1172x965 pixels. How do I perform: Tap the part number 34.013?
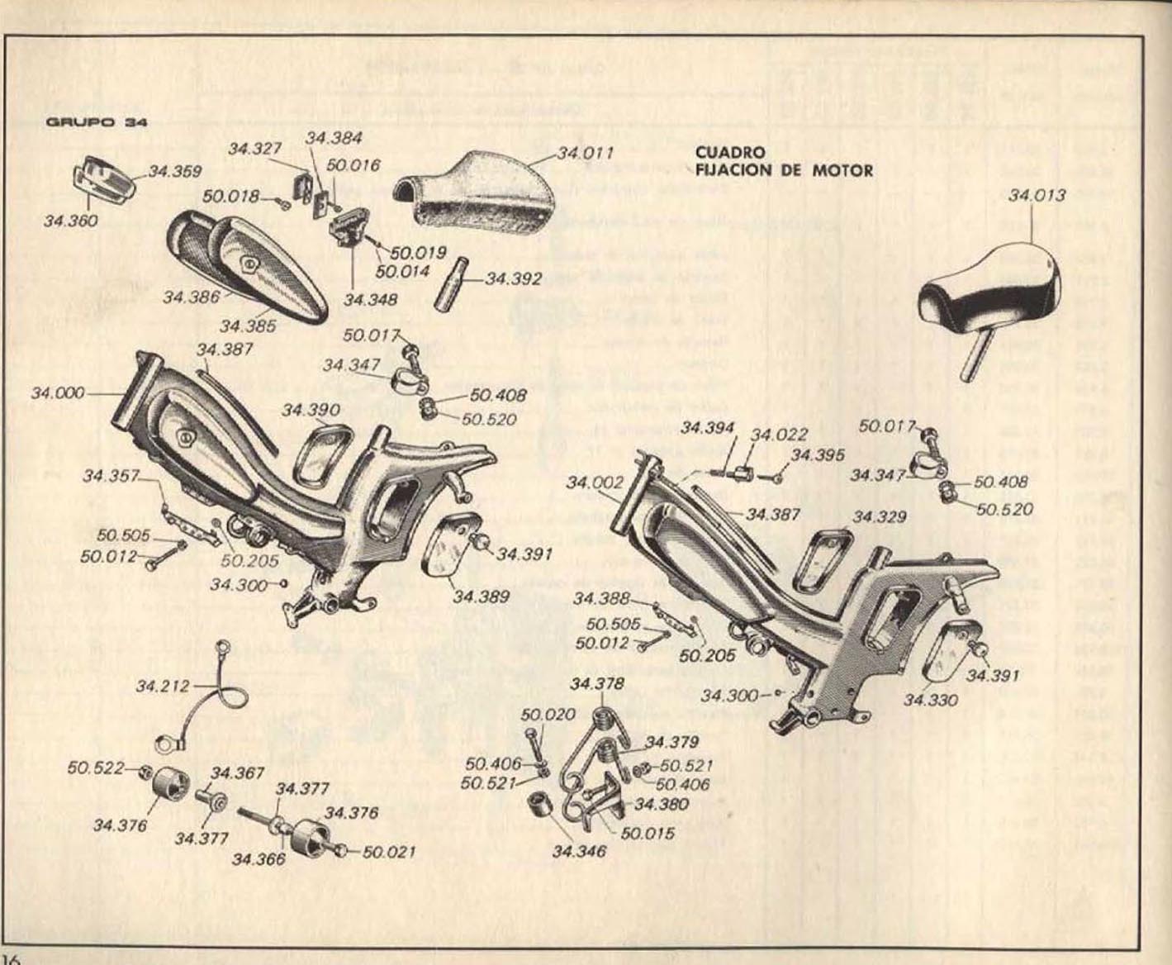tap(1037, 196)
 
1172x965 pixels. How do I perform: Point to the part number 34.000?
tap(58, 392)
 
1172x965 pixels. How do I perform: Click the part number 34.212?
tap(163, 686)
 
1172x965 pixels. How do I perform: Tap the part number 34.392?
tap(513, 278)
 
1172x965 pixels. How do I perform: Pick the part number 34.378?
tap(596, 683)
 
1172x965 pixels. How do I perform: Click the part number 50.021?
tap(387, 852)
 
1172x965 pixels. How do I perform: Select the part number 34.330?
tap(931, 701)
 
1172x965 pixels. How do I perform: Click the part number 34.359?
tap(174, 172)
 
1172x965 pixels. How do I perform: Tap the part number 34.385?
tap(248, 326)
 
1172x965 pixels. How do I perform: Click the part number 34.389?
tap(481, 596)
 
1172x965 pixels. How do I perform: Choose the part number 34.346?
tap(579, 851)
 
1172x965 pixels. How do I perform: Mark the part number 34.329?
tap(880, 517)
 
